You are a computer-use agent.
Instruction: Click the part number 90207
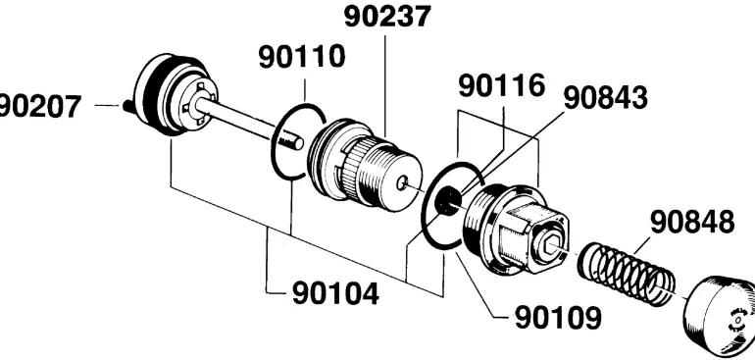pos(39,107)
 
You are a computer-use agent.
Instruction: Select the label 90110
pos(302,56)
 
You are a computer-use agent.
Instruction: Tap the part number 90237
pos(386,17)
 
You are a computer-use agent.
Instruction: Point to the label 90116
pos(501,85)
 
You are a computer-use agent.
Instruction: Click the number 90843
pos(605,98)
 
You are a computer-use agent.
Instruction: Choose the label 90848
pos(692,222)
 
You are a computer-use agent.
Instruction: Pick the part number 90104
pos(335,292)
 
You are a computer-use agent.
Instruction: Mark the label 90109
pos(558,318)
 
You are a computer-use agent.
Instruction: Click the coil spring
pos(626,274)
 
